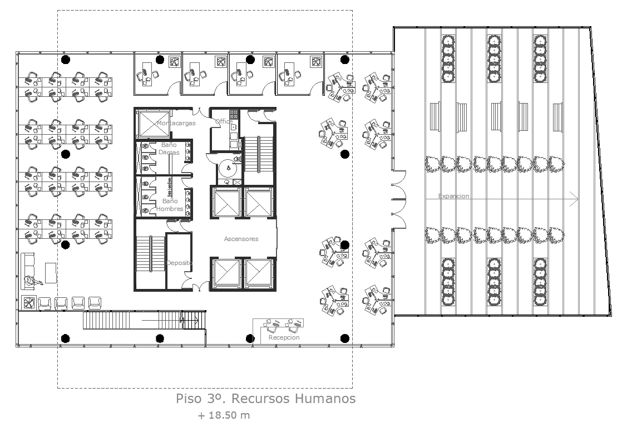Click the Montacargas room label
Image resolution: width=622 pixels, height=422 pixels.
click(x=176, y=123)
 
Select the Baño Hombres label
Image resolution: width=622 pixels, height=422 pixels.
click(x=169, y=204)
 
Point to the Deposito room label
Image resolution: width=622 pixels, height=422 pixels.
click(x=179, y=263)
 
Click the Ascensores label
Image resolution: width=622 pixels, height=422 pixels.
click(x=241, y=239)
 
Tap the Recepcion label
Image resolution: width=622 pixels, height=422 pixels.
click(x=284, y=337)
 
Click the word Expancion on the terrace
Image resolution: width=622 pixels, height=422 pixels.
click(x=454, y=196)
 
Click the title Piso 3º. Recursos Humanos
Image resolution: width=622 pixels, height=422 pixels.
click(x=265, y=399)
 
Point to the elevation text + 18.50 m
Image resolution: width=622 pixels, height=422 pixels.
click(x=224, y=415)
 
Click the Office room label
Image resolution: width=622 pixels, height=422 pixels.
click(x=224, y=121)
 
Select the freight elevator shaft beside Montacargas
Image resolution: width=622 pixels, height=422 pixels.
click(x=152, y=123)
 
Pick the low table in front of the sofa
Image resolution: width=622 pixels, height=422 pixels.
click(x=51, y=272)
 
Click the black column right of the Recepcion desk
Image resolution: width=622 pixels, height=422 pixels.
click(x=344, y=338)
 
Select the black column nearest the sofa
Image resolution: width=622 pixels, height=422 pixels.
click(x=65, y=244)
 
